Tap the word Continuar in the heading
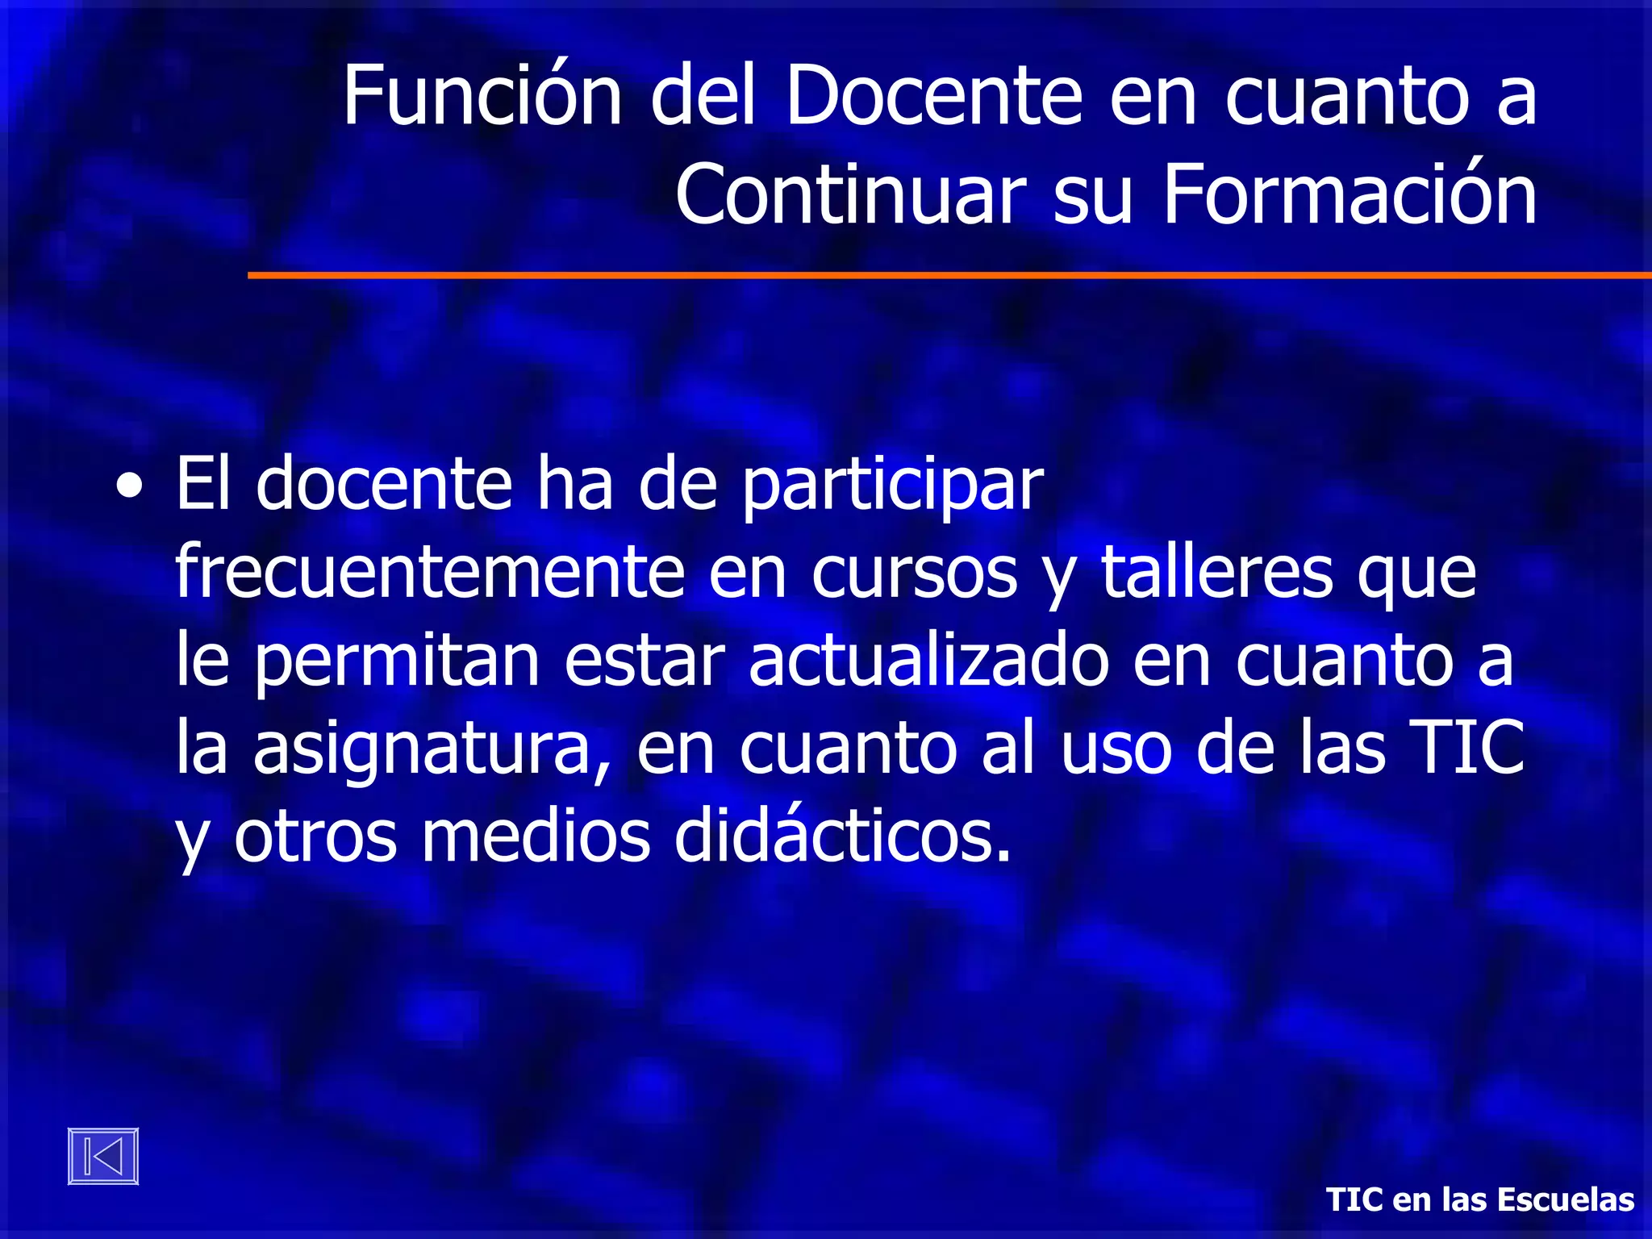point(850,195)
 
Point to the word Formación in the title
point(1349,195)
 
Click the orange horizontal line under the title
point(949,275)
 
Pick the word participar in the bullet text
point(892,486)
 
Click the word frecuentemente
point(430,573)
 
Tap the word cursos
point(914,573)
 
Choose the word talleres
point(1216,573)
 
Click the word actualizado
point(928,661)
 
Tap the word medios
point(536,837)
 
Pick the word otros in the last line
point(315,837)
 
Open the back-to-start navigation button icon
point(103,1156)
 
